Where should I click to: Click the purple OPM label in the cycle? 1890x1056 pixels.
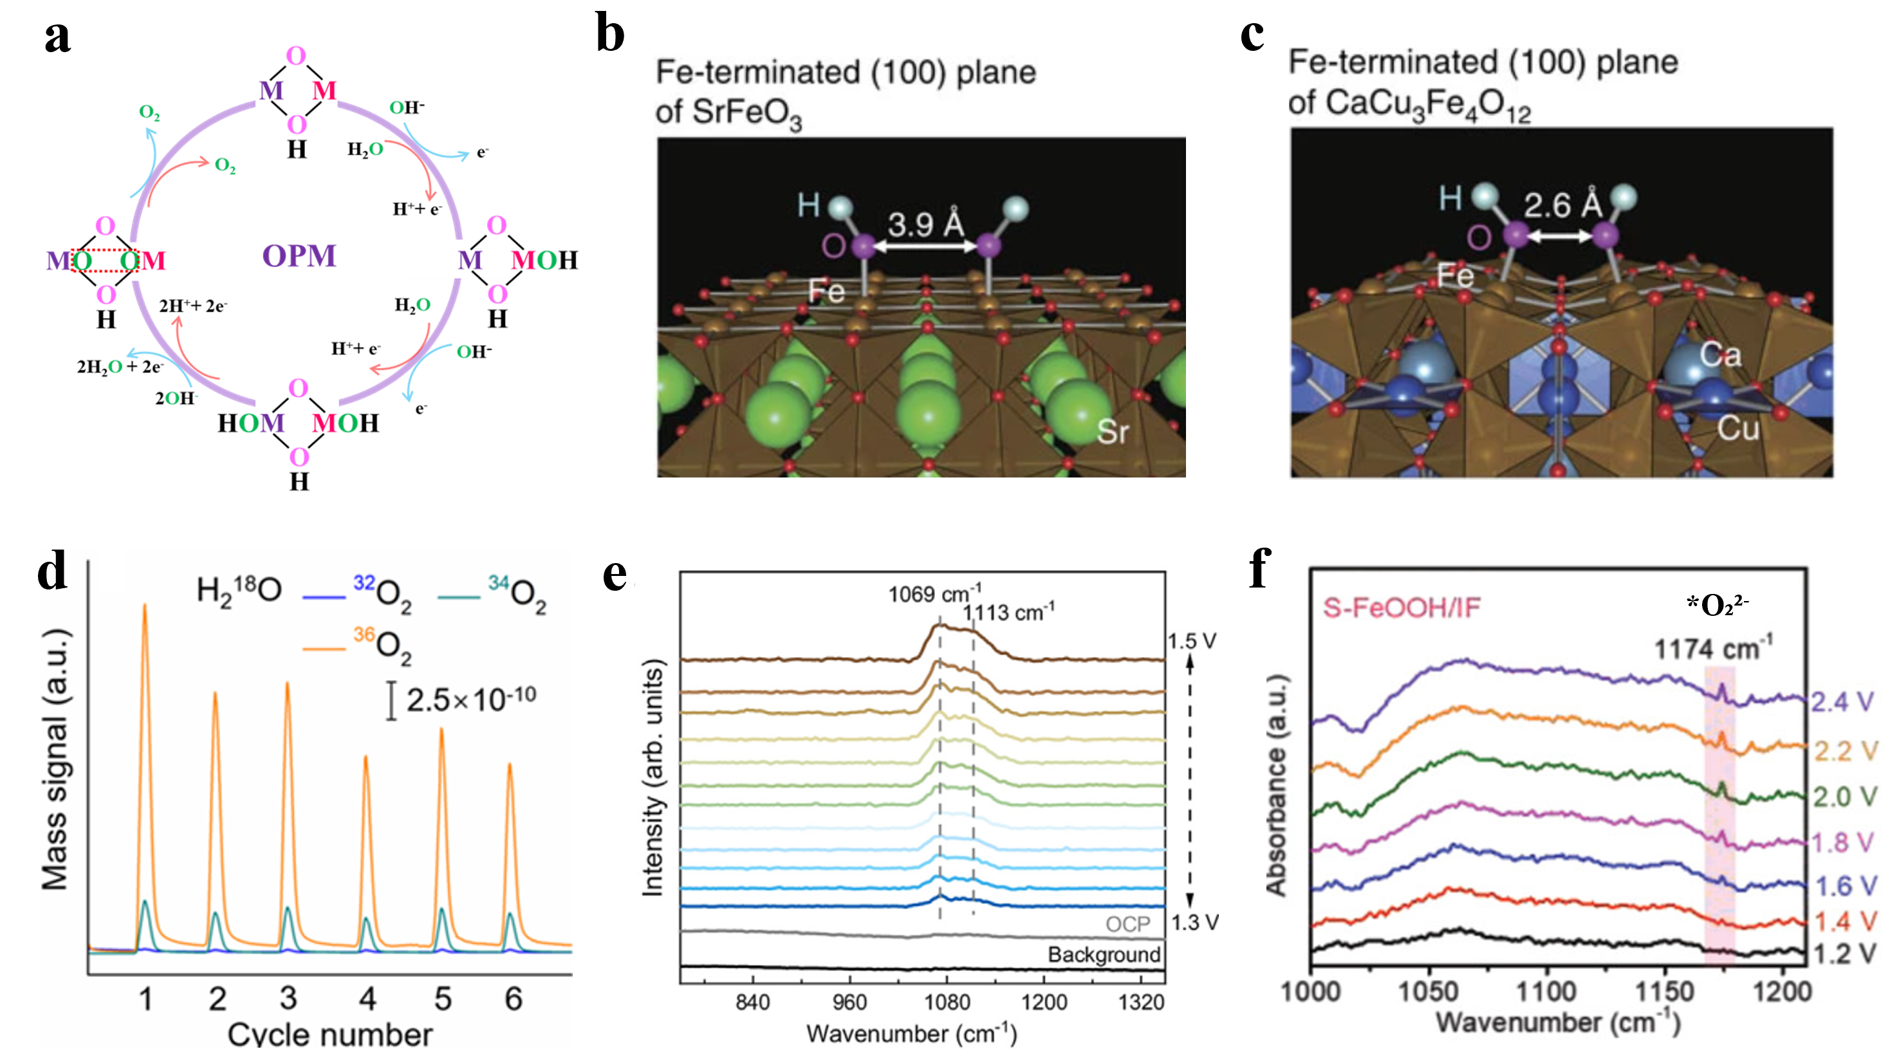pyautogui.click(x=299, y=255)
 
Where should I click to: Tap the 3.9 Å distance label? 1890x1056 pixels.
pyautogui.click(x=925, y=224)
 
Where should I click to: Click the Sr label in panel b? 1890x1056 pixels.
pyautogui.click(x=1112, y=432)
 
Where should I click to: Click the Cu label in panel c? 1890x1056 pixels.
pyautogui.click(x=1737, y=428)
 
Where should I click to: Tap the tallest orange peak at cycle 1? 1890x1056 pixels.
pyautogui.click(x=145, y=607)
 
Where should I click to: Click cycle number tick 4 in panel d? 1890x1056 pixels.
pyautogui.click(x=367, y=999)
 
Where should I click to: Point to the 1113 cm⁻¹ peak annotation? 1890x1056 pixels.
pyautogui.click(x=1008, y=612)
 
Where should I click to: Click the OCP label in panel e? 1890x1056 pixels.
pyautogui.click(x=1127, y=924)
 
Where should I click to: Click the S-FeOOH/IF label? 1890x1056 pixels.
pyautogui.click(x=1402, y=607)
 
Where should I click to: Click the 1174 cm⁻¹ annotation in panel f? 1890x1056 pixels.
pyautogui.click(x=1713, y=649)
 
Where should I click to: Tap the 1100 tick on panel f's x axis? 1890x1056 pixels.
pyautogui.click(x=1546, y=992)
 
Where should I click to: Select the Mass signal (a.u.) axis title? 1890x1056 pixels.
pyautogui.click(x=55, y=759)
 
